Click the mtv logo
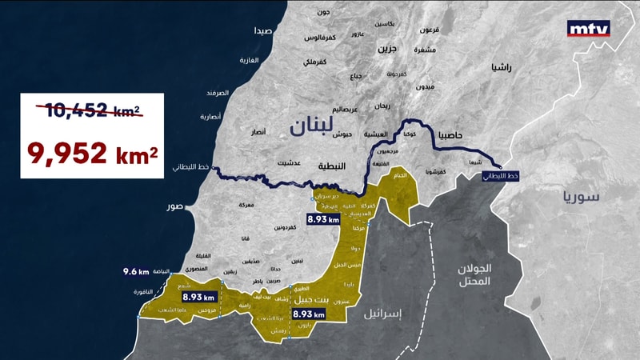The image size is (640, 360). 588,29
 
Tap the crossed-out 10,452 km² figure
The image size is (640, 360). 92,111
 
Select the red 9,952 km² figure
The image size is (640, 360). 92,152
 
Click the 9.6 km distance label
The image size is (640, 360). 136,271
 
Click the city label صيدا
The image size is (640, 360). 263,31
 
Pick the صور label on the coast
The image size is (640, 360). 174,207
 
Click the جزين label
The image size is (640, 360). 387,48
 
